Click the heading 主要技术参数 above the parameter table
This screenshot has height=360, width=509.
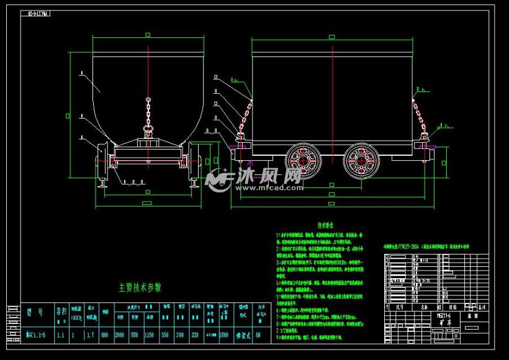140,287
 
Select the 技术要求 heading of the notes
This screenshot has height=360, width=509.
326,225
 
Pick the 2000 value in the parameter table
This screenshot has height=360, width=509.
120,335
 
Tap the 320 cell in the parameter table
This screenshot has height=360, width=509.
195,335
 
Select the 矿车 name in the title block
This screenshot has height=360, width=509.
442,322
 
